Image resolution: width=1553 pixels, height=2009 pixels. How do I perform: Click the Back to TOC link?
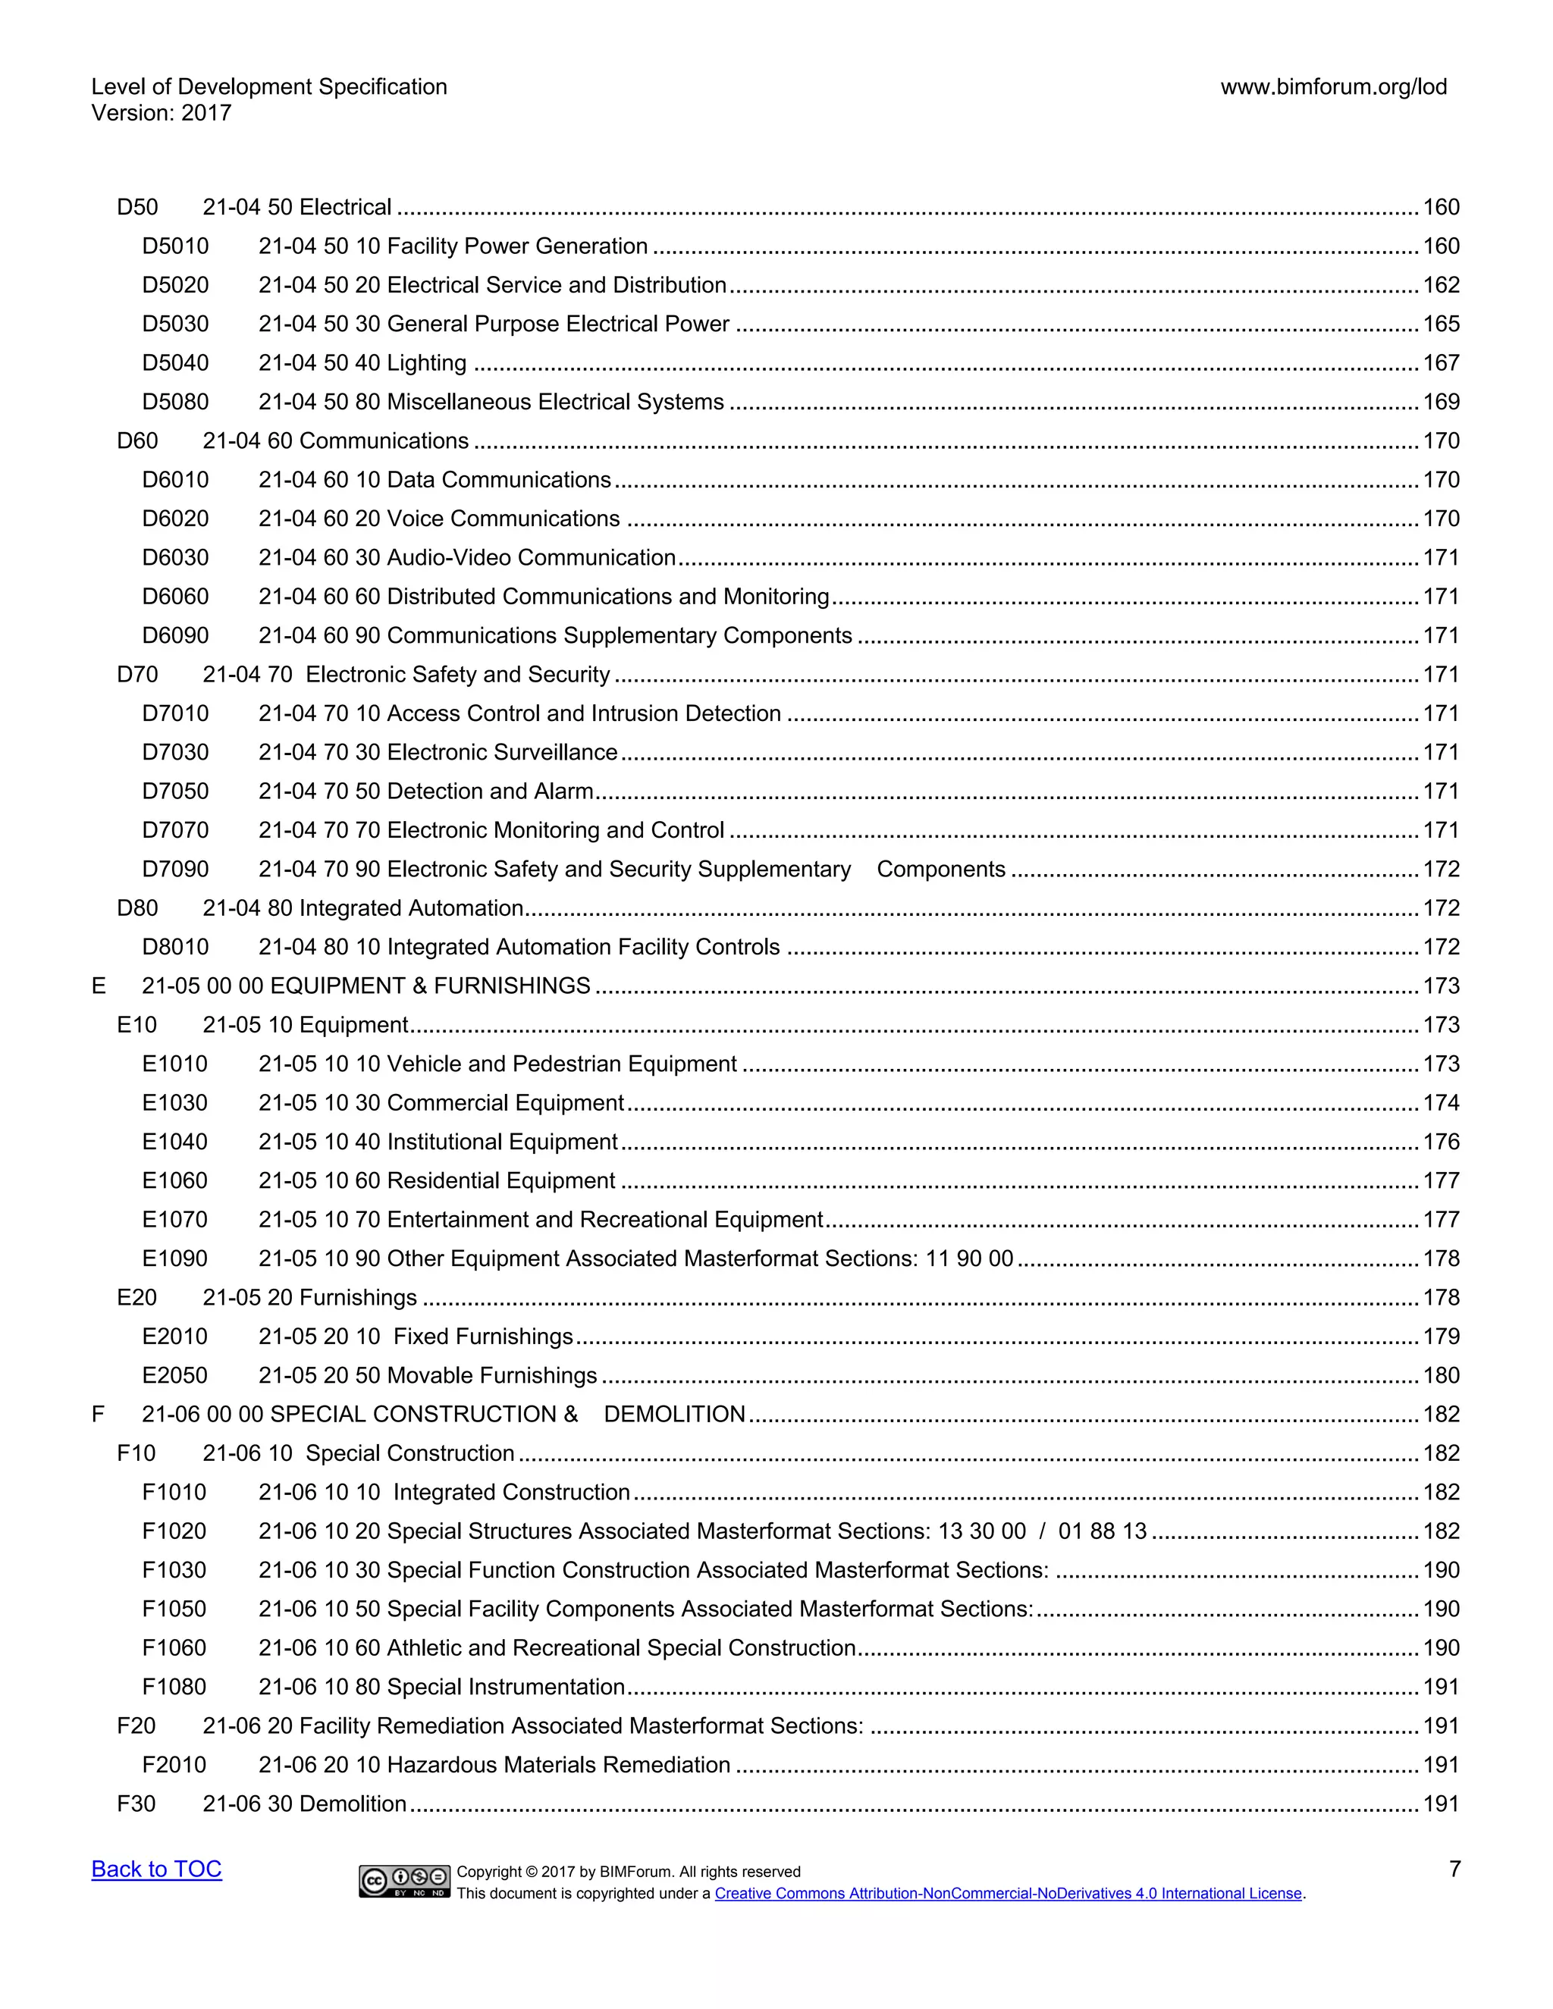(x=156, y=1870)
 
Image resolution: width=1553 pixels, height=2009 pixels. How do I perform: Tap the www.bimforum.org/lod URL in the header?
(x=1333, y=87)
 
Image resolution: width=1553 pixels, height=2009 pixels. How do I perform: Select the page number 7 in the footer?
(x=1454, y=1870)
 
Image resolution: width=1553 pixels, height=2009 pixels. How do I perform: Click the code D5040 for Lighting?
(x=175, y=363)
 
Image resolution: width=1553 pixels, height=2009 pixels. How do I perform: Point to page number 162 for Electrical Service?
(x=1441, y=285)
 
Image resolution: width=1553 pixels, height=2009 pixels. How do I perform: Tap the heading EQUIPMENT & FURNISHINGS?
(x=366, y=986)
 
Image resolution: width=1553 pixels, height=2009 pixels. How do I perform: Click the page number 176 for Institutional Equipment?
(x=1441, y=1142)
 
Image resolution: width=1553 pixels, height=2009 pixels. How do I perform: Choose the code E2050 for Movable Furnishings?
(x=175, y=1375)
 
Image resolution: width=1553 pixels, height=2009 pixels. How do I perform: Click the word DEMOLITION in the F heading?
(x=674, y=1414)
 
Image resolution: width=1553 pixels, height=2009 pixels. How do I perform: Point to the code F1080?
(x=174, y=1687)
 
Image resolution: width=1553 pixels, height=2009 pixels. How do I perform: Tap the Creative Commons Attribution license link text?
(x=1009, y=1893)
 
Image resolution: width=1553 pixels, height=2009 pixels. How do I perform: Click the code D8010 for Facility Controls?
(x=175, y=948)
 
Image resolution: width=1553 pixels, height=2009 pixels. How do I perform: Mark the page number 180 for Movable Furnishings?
(x=1441, y=1375)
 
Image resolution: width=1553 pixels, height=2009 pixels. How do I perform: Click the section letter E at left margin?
(x=99, y=986)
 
